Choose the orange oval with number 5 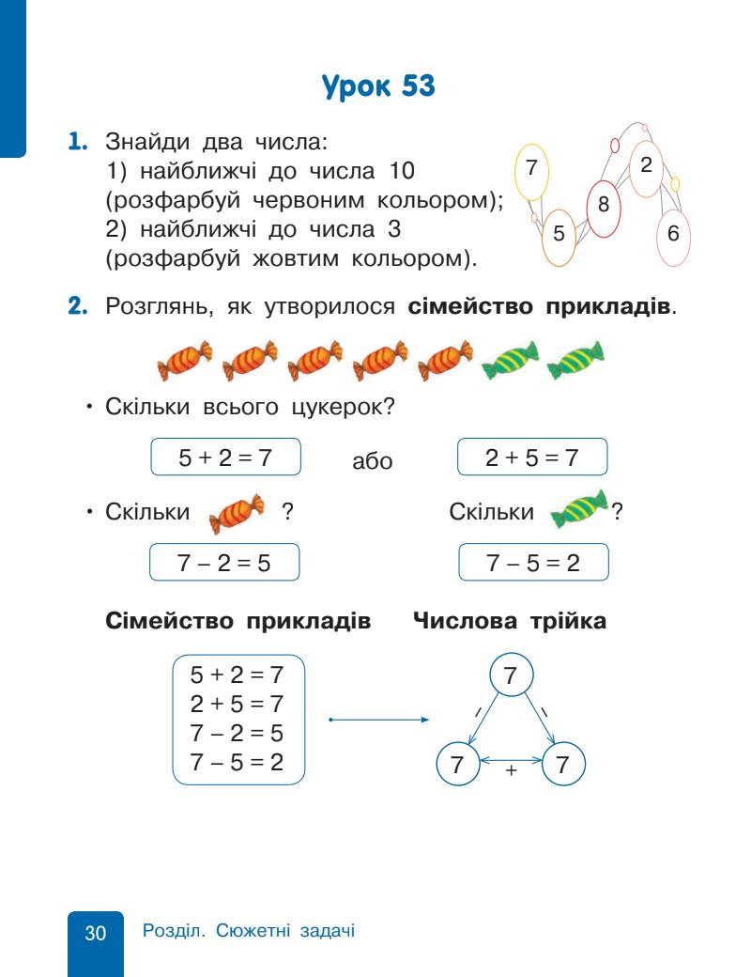[559, 235]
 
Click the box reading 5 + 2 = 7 [225, 459]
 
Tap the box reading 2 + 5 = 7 [532, 459]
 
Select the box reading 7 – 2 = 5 [225, 564]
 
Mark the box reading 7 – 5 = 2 [532, 564]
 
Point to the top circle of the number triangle [511, 674]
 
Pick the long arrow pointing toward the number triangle [378, 721]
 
